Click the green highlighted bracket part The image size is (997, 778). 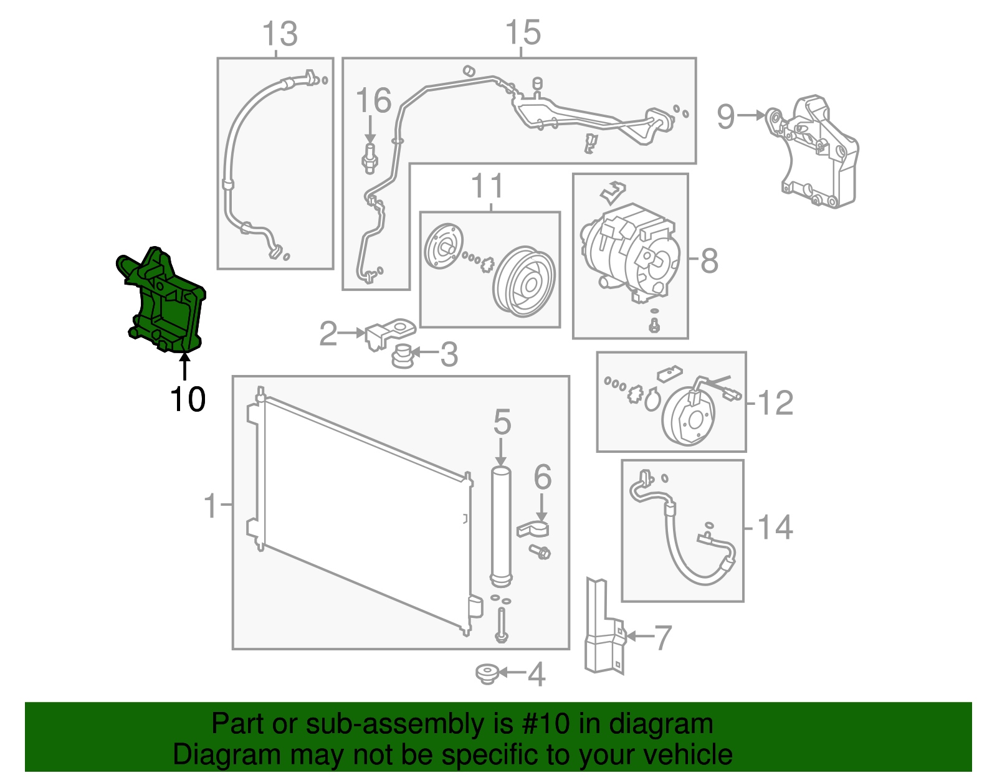pos(166,305)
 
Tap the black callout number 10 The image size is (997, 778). pos(187,399)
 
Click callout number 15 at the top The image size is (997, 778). pos(522,32)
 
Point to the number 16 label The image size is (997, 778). pos(373,100)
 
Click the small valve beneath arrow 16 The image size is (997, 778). pos(370,158)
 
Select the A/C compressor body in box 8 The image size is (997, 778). pos(629,252)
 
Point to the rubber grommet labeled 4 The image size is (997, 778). pos(486,673)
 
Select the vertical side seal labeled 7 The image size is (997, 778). pos(601,629)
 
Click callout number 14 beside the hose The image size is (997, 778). pos(775,528)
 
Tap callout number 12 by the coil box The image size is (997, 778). pos(775,403)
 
